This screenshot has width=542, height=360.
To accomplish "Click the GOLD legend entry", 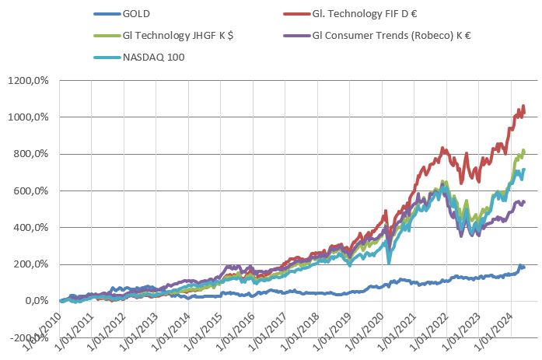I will coord(138,13).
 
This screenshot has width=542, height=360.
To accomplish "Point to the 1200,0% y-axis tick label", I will coord(30,80).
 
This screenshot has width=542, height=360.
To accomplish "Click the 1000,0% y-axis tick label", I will coord(30,117).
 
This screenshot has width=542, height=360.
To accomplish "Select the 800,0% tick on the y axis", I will coord(33,154).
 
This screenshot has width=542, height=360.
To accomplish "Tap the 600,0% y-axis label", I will coord(33,191).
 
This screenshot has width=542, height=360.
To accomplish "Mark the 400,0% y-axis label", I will coord(33,228).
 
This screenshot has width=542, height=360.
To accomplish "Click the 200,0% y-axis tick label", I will coord(33,264).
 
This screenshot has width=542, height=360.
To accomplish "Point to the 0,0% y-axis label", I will coord(37,301).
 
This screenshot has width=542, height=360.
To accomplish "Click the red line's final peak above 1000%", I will coord(523,107).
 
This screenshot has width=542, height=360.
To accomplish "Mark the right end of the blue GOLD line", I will coord(524,267).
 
